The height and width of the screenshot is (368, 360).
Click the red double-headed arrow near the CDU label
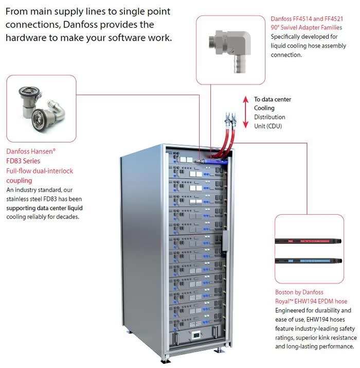[x=246, y=111]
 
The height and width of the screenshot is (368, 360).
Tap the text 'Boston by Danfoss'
[x=301, y=292]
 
